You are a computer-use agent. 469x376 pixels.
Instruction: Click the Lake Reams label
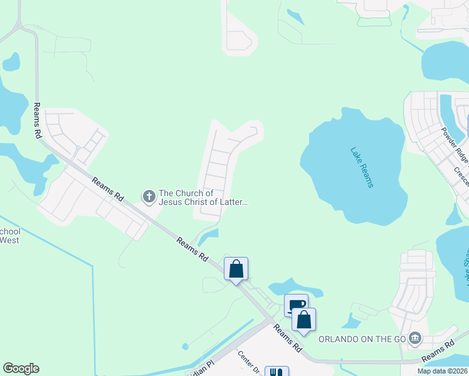(x=362, y=167)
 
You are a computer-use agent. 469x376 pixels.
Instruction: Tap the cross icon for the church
(x=149, y=197)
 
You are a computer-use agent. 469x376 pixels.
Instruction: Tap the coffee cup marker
(x=297, y=306)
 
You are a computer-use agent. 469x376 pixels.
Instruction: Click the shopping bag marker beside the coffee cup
(x=303, y=320)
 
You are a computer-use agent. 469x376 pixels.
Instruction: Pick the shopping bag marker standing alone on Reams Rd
(x=236, y=269)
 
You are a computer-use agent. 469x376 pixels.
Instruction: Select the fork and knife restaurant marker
(x=277, y=372)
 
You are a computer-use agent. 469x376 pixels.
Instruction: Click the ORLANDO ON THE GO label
(x=361, y=339)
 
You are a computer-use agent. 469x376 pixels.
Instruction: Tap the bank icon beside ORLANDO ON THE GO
(x=414, y=339)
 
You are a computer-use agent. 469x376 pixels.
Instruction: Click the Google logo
(x=21, y=368)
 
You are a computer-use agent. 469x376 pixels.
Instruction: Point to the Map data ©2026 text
(x=442, y=371)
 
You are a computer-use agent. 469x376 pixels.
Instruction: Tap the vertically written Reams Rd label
(x=37, y=120)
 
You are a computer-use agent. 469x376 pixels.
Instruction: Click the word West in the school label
(x=9, y=239)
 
